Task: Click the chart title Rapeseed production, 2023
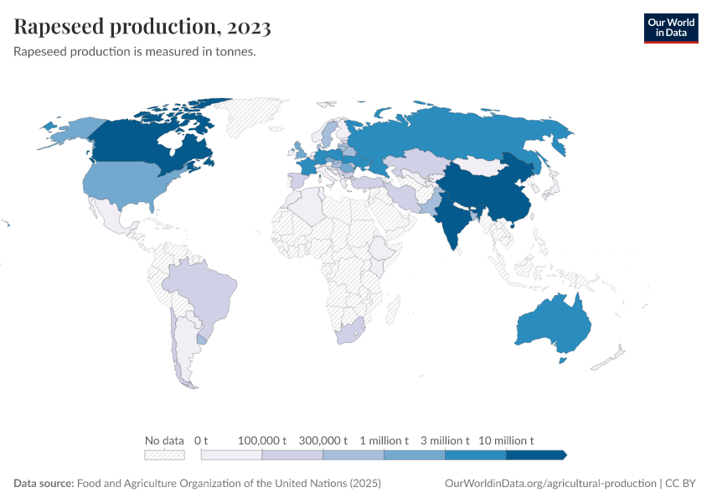[142, 28]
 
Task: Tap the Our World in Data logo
[670, 28]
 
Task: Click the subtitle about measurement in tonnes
[135, 52]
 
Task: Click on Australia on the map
[553, 327]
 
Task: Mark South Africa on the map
[349, 331]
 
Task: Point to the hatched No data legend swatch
[164, 454]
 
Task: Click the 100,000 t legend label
[262, 440]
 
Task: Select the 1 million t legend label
[384, 440]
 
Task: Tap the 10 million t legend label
[506, 440]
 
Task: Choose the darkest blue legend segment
[536, 454]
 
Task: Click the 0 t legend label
[201, 440]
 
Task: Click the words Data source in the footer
[44, 484]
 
